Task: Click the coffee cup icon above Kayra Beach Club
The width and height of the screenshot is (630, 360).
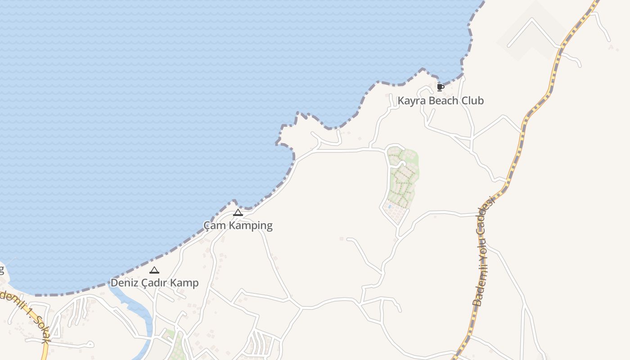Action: (x=440, y=87)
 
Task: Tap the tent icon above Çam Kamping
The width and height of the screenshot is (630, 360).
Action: (x=238, y=212)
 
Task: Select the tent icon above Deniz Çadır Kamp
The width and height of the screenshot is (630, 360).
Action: (x=154, y=270)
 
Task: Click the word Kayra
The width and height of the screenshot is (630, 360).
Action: (x=412, y=101)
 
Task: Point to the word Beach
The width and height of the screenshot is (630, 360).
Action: (x=443, y=101)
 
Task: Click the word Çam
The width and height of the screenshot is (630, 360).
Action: (x=214, y=225)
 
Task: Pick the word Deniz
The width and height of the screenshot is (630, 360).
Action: (x=124, y=283)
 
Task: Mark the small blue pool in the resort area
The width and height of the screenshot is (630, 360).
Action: (x=389, y=207)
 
